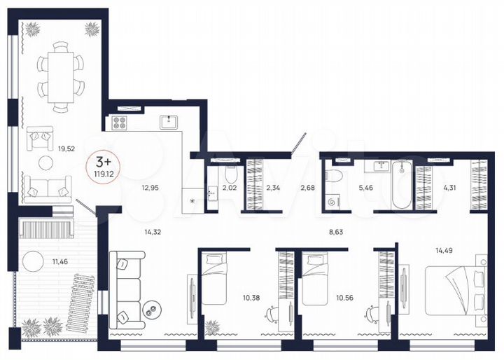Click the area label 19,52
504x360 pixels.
pyautogui.click(x=66, y=148)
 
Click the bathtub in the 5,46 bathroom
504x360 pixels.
pyautogui.click(x=402, y=186)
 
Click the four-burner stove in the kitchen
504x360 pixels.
pyautogui.click(x=118, y=123)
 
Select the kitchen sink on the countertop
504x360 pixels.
pyautogui.click(x=168, y=123)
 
